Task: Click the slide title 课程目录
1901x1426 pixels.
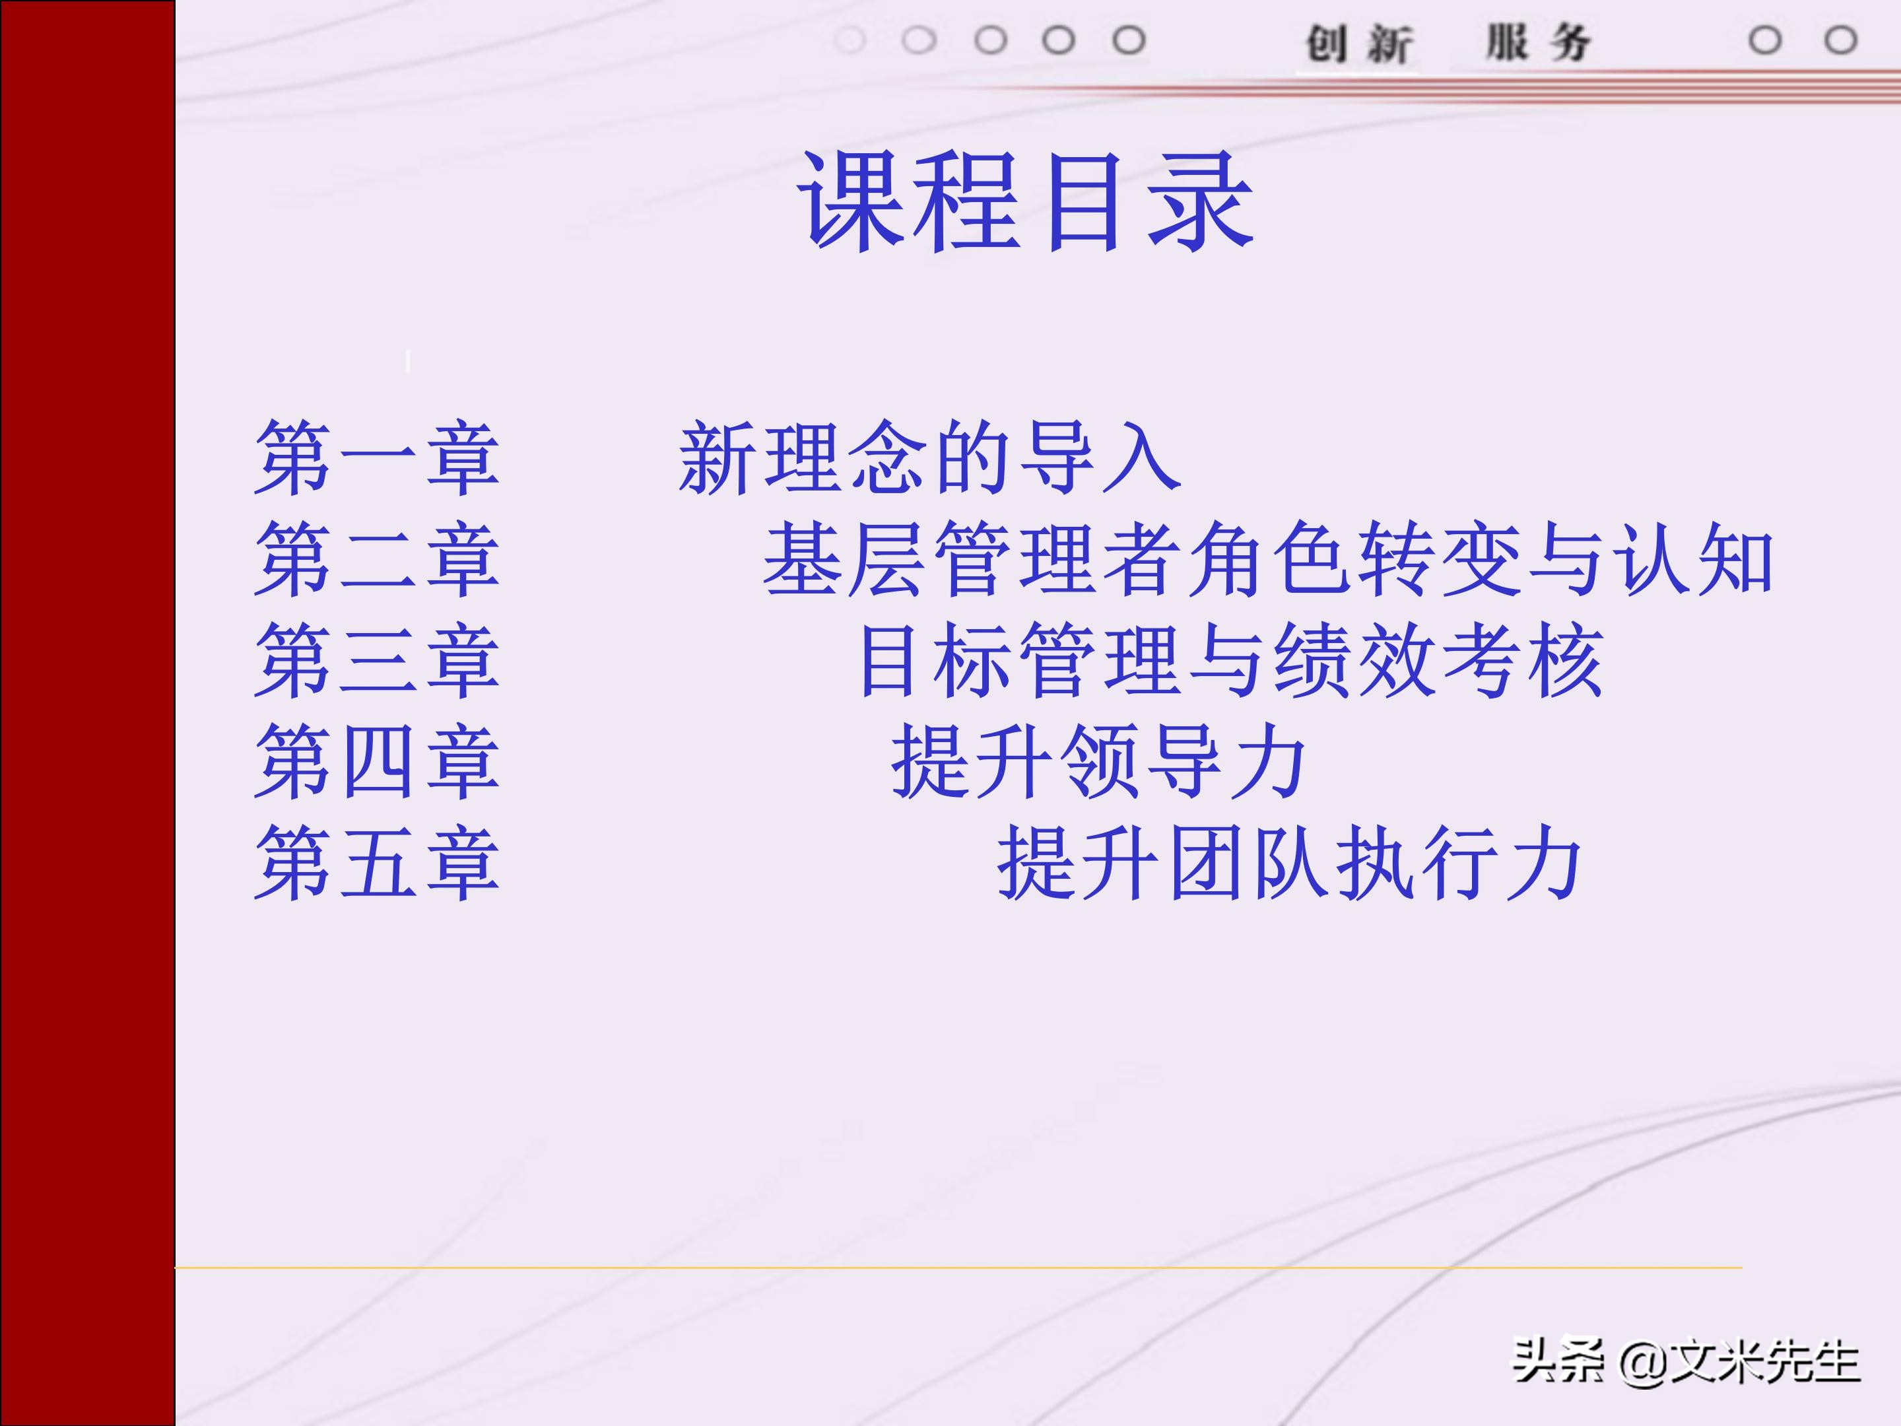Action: [x=1026, y=202]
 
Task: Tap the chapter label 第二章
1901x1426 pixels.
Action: [x=376, y=560]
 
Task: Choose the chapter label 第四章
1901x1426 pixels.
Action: [x=376, y=763]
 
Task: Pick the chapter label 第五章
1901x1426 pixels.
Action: [x=376, y=864]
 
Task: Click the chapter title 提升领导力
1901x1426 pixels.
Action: [x=1098, y=763]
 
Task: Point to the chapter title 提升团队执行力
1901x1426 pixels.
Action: [x=1289, y=864]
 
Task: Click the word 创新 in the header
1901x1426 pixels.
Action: [x=1358, y=43]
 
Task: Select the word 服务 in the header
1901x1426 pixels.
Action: [x=1539, y=43]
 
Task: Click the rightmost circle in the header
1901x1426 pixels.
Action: [x=1841, y=40]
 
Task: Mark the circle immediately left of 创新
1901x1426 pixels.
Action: [x=1129, y=40]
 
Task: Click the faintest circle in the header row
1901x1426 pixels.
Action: [x=850, y=40]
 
